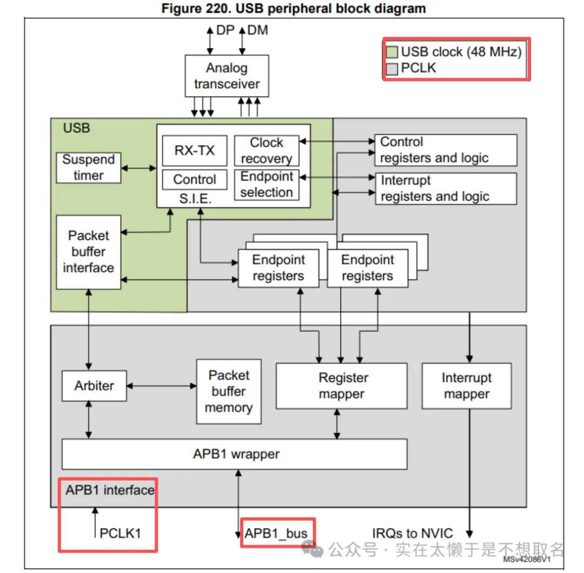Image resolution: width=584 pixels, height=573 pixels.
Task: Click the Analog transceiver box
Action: pos(227,76)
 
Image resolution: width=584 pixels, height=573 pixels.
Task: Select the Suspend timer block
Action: pos(88,167)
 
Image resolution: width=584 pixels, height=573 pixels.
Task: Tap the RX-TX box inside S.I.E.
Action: pos(195,150)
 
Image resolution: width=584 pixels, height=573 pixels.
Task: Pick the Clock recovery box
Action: pos(266,150)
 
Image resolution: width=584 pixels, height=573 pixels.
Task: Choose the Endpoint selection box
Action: pos(266,185)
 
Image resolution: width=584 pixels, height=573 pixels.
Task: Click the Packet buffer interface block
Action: pos(88,252)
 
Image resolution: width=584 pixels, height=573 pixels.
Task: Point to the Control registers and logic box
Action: pos(446,150)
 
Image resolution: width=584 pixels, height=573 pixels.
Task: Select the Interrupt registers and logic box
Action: pos(446,188)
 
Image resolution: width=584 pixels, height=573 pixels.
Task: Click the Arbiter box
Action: pos(94,386)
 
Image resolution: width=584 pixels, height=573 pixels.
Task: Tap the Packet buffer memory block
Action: pos(229,391)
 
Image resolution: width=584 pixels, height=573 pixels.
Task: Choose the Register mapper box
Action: pos(341,386)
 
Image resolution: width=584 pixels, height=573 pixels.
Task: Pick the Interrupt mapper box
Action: pos(466,386)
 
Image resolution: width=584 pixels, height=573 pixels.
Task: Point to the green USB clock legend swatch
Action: pos(393,52)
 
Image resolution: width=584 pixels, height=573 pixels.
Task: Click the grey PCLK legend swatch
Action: pos(393,69)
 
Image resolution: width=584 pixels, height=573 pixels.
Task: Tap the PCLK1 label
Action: pos(120,533)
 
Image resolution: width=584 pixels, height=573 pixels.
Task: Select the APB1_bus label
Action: pos(276,533)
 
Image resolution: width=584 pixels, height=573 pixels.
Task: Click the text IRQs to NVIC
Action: pos(413,533)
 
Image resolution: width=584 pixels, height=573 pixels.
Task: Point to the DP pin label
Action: pos(225,30)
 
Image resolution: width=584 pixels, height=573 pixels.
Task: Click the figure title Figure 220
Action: pos(293,9)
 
